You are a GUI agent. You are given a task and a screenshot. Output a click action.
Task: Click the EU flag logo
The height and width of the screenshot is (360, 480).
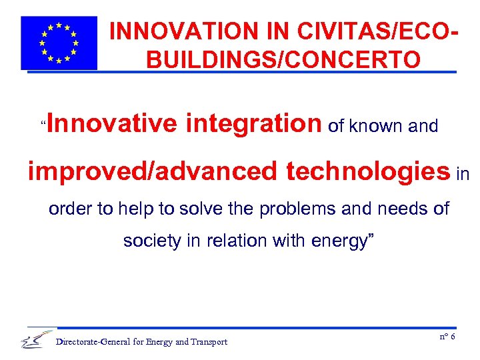pyautogui.click(x=59, y=43)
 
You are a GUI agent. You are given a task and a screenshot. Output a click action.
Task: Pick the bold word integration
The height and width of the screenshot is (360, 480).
pyautogui.click(x=254, y=123)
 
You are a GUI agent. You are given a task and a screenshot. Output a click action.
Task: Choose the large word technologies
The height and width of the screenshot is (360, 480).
pyautogui.click(x=368, y=171)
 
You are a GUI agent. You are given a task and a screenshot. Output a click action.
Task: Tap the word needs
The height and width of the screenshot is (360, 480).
pyautogui.click(x=399, y=209)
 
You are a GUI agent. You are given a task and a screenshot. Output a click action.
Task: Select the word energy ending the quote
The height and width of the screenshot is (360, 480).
pyautogui.click(x=339, y=242)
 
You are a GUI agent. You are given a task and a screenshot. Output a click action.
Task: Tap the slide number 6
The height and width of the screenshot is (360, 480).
pyautogui.click(x=453, y=337)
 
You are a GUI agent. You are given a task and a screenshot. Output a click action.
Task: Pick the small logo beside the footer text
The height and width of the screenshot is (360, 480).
pyautogui.click(x=37, y=340)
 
